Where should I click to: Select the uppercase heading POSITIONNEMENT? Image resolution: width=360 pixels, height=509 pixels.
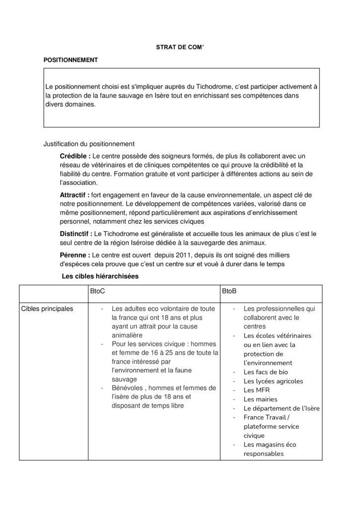[71, 60]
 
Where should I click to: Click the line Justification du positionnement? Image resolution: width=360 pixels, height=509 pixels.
[89, 145]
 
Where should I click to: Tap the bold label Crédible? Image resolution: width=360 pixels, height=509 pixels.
[75, 156]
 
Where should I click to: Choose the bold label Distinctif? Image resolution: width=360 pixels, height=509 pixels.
[76, 233]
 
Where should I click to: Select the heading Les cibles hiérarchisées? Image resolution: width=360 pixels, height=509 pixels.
[99, 276]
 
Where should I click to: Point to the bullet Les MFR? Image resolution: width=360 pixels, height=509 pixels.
[257, 390]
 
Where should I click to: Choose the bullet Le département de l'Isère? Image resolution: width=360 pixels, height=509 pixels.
[281, 408]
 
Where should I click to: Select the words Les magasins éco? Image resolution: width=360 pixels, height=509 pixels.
[270, 444]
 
